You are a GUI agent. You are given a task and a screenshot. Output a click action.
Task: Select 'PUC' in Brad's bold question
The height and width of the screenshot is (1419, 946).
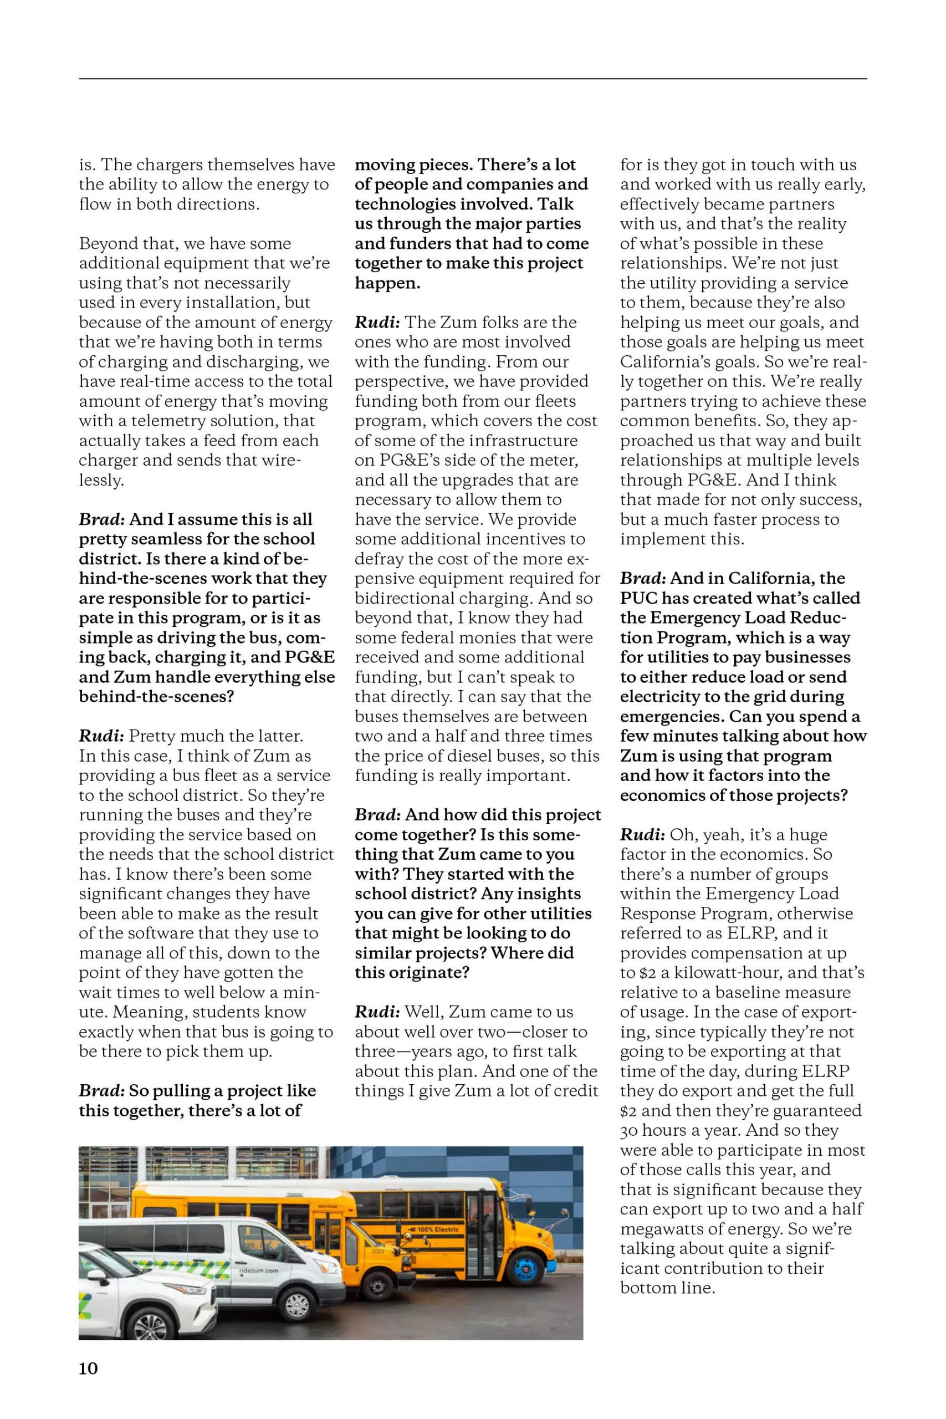(x=638, y=599)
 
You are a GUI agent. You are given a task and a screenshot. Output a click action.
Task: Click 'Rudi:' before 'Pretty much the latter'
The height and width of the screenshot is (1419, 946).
(x=101, y=736)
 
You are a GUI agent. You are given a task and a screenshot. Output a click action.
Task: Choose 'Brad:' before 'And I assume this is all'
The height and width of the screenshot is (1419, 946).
(x=101, y=519)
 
